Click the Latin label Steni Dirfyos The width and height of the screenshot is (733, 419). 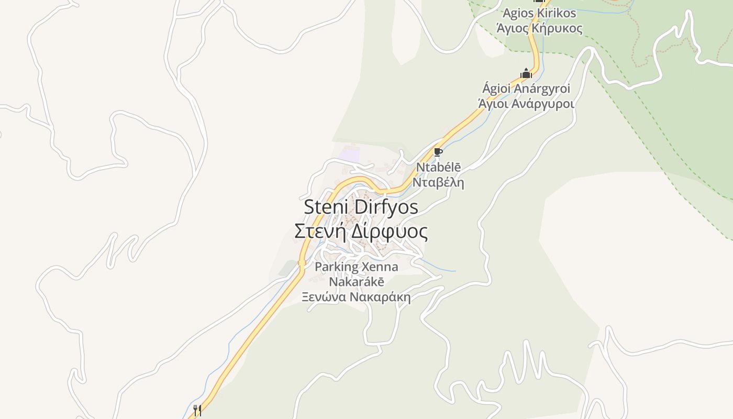(361, 207)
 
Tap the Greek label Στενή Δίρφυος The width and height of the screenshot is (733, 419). (361, 231)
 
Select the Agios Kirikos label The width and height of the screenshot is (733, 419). (539, 13)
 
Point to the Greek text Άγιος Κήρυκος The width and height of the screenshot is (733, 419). (539, 28)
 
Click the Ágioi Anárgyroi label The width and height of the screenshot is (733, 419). (526, 89)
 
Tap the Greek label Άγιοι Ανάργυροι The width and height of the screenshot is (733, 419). (526, 103)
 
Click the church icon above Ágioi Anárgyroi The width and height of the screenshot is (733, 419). (526, 74)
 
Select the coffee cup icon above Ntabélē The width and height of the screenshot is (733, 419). (438, 152)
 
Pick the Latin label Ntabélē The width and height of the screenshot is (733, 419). (438, 168)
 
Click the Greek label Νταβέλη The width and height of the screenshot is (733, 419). (438, 183)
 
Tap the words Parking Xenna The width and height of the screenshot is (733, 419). (356, 267)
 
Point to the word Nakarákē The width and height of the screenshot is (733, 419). (356, 282)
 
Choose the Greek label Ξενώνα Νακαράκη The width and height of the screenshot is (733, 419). (356, 297)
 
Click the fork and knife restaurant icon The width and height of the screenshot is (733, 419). (197, 410)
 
